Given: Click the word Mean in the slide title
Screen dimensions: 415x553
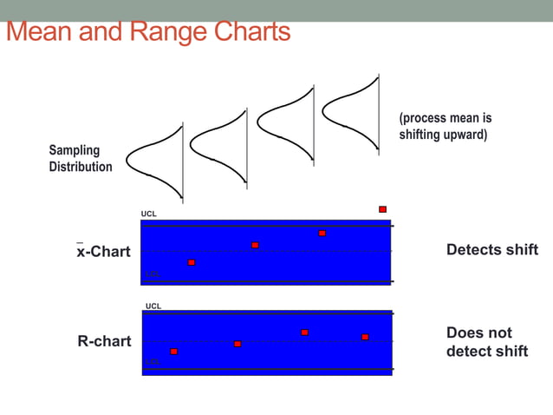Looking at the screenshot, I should [x=39, y=32].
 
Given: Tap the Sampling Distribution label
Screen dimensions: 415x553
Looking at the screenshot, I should [x=81, y=158].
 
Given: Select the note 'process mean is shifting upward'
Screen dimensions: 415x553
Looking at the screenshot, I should [x=446, y=126].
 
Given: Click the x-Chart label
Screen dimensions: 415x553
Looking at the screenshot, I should [x=103, y=251].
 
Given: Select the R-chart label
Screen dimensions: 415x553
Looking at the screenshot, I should [x=105, y=341].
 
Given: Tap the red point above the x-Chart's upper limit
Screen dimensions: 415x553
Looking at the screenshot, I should [x=382, y=209].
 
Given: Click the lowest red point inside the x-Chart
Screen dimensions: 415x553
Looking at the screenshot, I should [x=192, y=262].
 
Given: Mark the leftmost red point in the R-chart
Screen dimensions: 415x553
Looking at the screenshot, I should [x=174, y=352].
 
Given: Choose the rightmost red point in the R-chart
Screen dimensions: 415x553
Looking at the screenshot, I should [x=365, y=337].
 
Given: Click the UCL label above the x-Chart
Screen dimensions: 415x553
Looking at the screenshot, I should [x=149, y=214].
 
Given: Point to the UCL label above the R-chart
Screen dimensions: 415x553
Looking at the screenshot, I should [x=153, y=306].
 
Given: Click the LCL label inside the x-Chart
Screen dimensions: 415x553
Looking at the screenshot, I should [x=153, y=274].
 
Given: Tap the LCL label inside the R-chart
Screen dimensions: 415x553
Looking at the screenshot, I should [x=153, y=362].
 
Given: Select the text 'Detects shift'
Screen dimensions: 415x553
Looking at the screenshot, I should [x=491, y=250].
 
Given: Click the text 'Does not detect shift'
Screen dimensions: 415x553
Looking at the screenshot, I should [x=486, y=342].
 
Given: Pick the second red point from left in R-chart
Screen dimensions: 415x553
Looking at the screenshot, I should [x=237, y=344].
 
